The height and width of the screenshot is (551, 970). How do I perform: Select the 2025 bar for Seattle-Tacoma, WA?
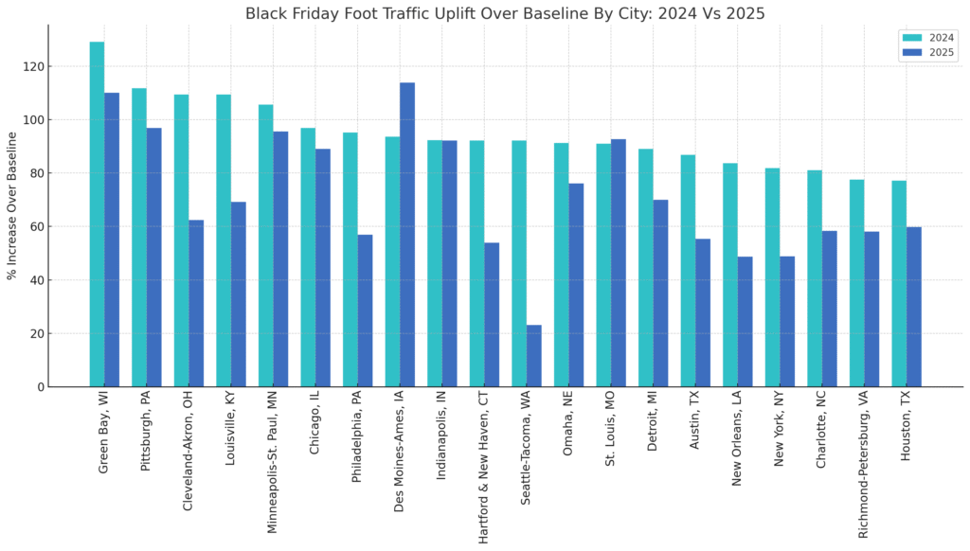tap(534, 356)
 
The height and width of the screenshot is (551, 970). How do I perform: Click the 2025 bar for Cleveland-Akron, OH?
tap(196, 303)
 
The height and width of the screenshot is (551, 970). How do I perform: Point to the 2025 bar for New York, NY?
tap(787, 322)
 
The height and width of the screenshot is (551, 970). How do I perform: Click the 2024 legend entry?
tap(927, 38)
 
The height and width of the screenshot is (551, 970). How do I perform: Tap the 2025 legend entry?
tap(927, 53)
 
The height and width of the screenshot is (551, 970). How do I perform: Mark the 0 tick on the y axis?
tap(40, 387)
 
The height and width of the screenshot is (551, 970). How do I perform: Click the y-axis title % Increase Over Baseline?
tap(12, 206)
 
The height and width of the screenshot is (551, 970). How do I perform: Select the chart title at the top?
tap(505, 13)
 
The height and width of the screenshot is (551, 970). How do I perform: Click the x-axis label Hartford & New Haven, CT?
tap(484, 469)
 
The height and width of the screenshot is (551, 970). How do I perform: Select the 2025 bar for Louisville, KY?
tap(239, 294)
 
